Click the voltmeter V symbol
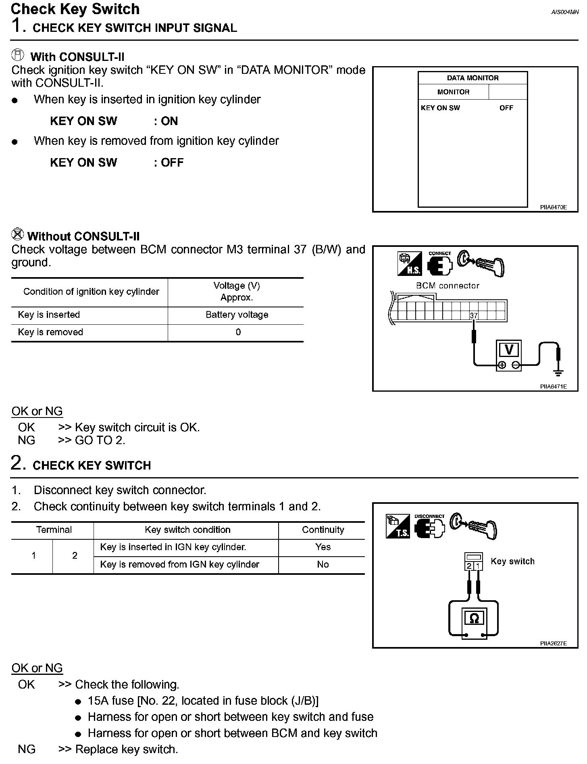tap(509, 349)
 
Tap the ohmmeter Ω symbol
tap(474, 618)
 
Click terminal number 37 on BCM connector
tap(474, 315)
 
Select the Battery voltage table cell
tap(237, 315)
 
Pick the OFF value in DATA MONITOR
tap(506, 108)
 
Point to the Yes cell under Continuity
tap(323, 547)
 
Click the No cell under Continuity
tap(323, 564)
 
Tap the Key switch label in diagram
tap(512, 562)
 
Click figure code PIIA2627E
tap(553, 644)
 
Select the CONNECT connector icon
tap(440, 264)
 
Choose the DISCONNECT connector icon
tap(430, 527)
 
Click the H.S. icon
tap(409, 264)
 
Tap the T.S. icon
tap(398, 526)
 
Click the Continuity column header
tap(323, 530)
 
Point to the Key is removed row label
tap(50, 332)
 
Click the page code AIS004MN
tap(565, 12)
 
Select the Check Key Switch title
tap(75, 9)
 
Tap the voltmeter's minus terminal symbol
tap(516, 365)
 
